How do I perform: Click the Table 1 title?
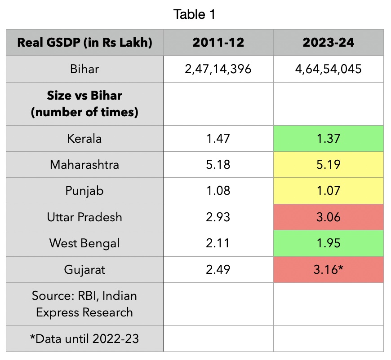tap(195, 14)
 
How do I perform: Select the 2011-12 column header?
tap(218, 43)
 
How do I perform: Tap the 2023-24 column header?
tap(328, 43)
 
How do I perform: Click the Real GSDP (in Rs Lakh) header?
tap(84, 43)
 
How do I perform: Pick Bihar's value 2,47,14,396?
tap(218, 69)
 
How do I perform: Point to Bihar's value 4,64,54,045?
tap(328, 69)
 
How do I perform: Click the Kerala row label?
tap(84, 138)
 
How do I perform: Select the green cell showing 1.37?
tap(328, 138)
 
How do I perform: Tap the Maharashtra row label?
tap(84, 164)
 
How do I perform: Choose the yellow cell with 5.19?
tap(328, 164)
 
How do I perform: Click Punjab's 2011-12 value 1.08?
tap(218, 191)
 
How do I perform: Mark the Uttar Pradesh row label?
tap(84, 217)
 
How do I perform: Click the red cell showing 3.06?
tap(328, 217)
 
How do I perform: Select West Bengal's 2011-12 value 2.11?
tap(218, 243)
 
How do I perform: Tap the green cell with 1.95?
tap(328, 243)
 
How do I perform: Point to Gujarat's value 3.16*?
tap(328, 269)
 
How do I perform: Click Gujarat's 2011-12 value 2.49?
tap(218, 269)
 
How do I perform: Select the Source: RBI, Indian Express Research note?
tap(84, 304)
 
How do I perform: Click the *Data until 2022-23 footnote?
tap(84, 338)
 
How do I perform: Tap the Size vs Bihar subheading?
tap(84, 104)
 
